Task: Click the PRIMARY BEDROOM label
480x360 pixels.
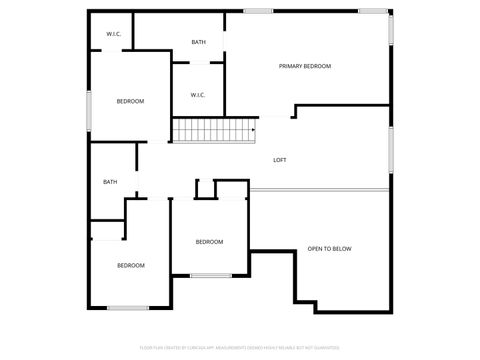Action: coord(304,66)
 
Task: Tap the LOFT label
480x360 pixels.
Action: coord(280,160)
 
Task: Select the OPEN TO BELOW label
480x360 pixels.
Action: coord(329,248)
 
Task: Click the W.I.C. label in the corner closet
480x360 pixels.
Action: coord(113,35)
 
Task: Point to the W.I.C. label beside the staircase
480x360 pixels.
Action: coord(197,95)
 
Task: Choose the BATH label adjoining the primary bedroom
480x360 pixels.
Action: coord(198,42)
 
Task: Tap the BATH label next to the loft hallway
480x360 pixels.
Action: coord(110,182)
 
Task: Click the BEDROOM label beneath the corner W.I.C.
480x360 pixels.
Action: coord(130,101)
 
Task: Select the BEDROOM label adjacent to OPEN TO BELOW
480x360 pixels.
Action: coord(209,242)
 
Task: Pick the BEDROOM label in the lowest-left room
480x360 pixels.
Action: coord(131,265)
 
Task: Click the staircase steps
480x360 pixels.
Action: coord(214,130)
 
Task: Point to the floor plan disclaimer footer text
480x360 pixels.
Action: coord(239,349)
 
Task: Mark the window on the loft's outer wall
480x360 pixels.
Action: coord(391,149)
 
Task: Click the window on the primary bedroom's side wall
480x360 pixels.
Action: coord(391,28)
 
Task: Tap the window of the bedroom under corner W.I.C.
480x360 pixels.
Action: coord(88,110)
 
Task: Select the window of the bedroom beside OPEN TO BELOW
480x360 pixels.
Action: coord(211,275)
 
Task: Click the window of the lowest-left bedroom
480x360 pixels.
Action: coord(128,308)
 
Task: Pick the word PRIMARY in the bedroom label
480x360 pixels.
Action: coord(291,66)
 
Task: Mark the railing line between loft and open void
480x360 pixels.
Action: coord(320,190)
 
